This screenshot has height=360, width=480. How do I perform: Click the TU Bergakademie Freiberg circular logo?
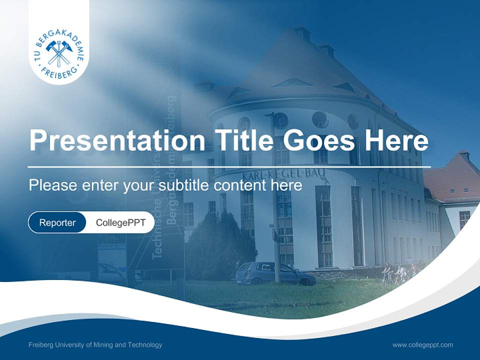coord(59,53)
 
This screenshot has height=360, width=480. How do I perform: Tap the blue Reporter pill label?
coord(57,222)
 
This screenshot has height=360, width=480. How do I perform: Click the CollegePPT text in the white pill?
coord(120,222)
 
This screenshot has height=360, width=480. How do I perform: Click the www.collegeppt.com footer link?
coord(422,344)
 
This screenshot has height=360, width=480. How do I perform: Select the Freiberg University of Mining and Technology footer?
coord(95,344)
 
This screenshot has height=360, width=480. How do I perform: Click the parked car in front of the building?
coord(274,274)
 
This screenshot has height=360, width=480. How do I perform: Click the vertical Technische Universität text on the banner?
coord(157,215)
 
